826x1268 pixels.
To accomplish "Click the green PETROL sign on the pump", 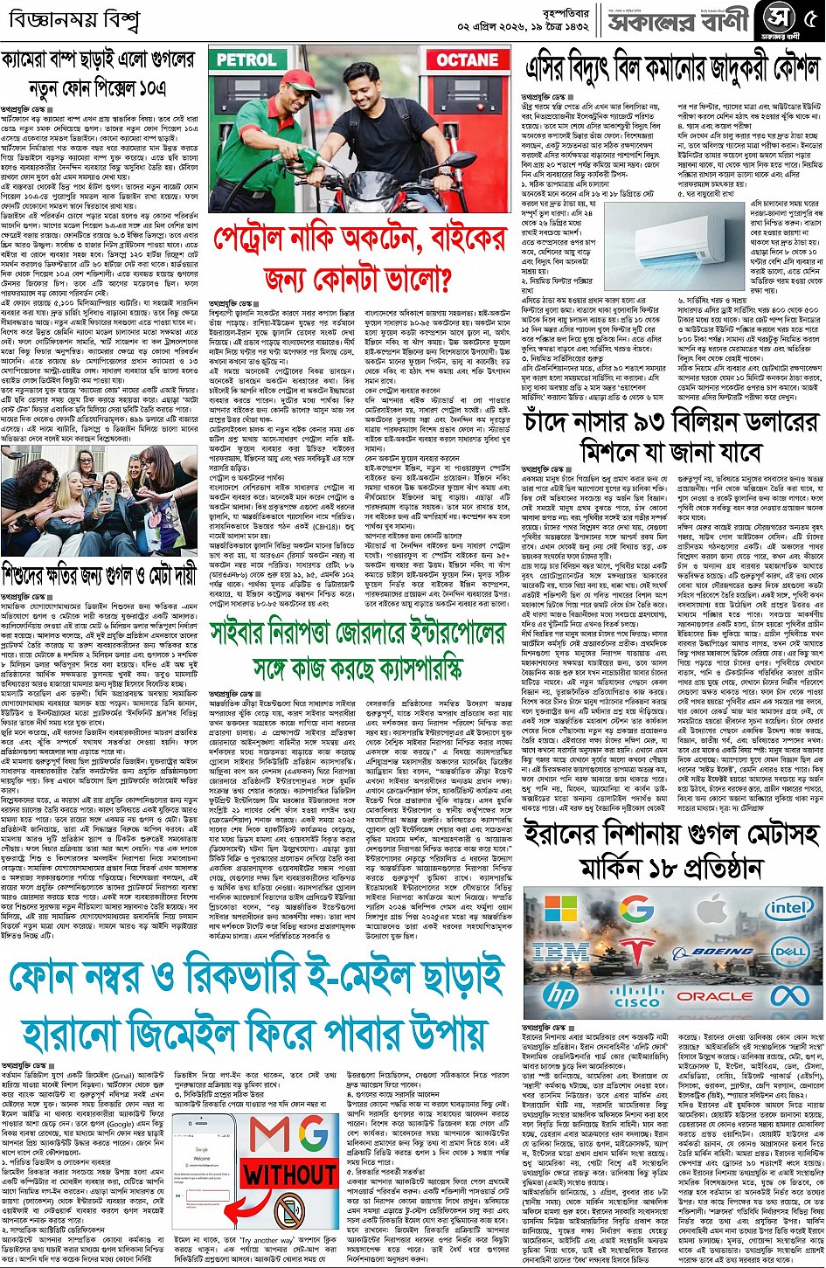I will point(246,60).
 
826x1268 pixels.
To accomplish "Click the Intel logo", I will point(788,909).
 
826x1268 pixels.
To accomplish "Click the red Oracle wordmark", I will point(714,995).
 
